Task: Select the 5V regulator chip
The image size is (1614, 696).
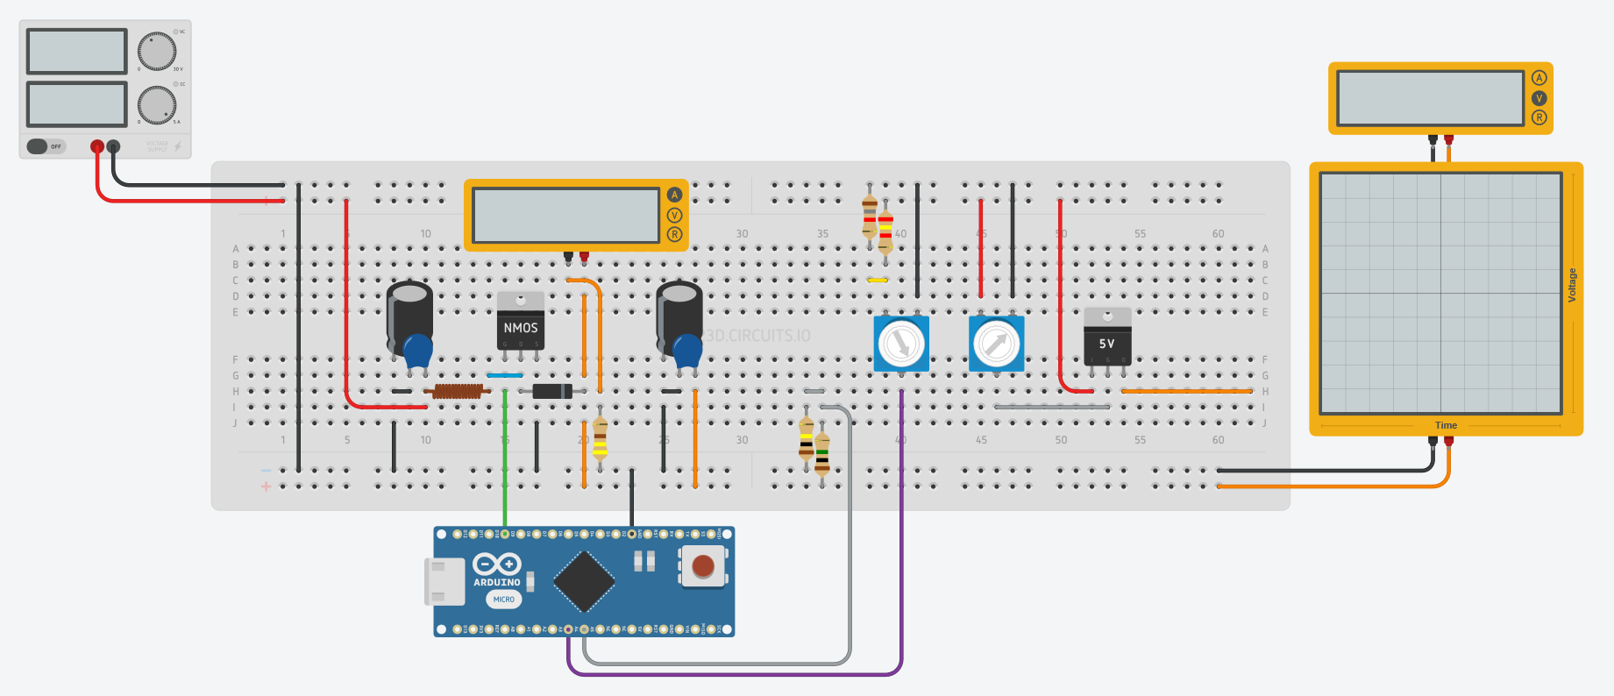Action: pyautogui.click(x=1107, y=337)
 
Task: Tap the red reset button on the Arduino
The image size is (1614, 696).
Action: pyautogui.click(x=703, y=565)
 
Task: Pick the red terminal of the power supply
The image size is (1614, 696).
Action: pyautogui.click(x=96, y=146)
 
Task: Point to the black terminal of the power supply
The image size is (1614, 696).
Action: pyautogui.click(x=113, y=146)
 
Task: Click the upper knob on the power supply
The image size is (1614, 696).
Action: pyautogui.click(x=157, y=52)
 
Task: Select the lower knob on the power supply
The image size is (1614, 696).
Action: pyautogui.click(x=157, y=105)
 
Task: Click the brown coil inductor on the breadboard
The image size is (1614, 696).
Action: pyautogui.click(x=457, y=391)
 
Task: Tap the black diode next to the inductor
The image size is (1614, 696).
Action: pyautogui.click(x=552, y=391)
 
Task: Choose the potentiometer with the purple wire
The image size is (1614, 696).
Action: pyautogui.click(x=901, y=344)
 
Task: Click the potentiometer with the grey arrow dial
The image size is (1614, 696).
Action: pyautogui.click(x=996, y=344)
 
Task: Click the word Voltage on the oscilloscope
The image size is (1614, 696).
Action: pyautogui.click(x=1572, y=286)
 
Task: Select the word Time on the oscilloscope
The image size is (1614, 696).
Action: pyautogui.click(x=1446, y=426)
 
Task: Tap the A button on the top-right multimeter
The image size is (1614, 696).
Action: pyautogui.click(x=1539, y=78)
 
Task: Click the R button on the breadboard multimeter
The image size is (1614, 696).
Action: pyautogui.click(x=674, y=234)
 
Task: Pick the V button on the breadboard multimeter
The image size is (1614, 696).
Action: pyautogui.click(x=674, y=215)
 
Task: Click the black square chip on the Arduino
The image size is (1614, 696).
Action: pyautogui.click(x=584, y=581)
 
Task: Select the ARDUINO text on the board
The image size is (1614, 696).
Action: pyautogui.click(x=497, y=582)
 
